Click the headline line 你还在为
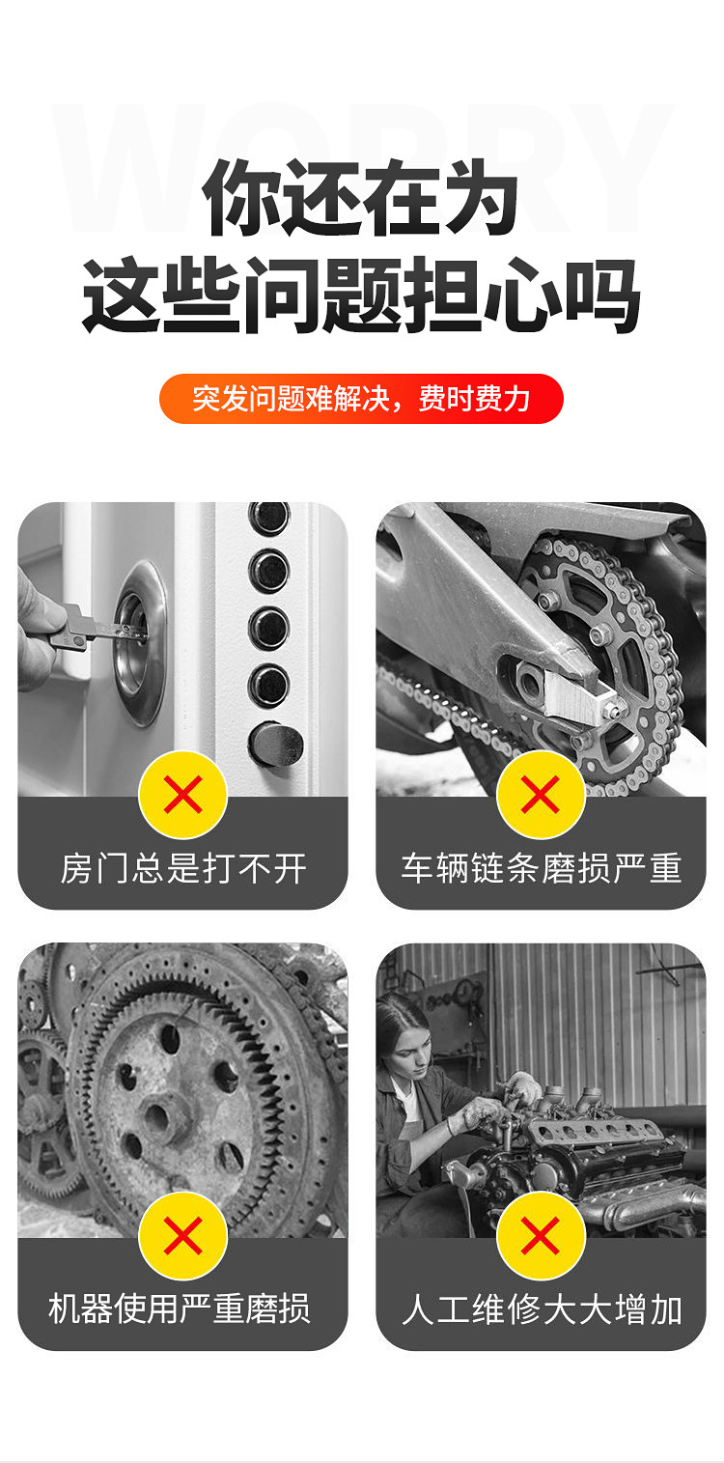361,198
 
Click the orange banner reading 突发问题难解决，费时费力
361,399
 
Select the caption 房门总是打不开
182,868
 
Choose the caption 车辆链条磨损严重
541,868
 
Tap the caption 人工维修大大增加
541,1309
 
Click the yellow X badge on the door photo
182,795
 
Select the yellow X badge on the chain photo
541,795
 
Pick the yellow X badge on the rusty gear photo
182,1235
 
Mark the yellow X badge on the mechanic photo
541,1235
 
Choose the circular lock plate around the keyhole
140,643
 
